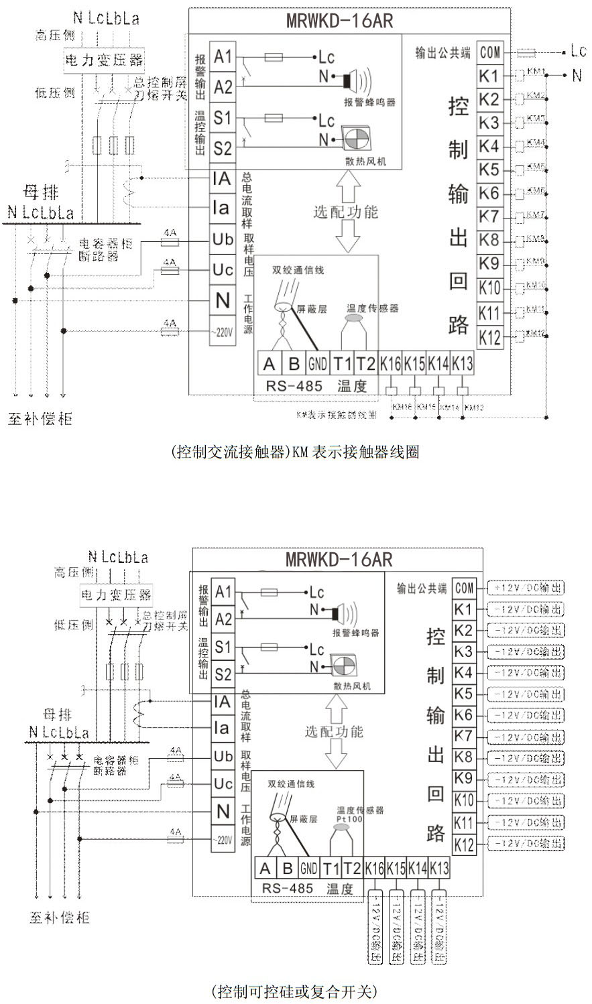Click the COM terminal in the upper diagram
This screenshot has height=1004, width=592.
click(490, 52)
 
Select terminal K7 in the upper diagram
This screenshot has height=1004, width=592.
click(489, 216)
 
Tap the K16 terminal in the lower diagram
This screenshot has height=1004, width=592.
click(374, 869)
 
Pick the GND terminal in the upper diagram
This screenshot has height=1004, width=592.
click(317, 364)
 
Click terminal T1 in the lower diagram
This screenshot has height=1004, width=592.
click(331, 869)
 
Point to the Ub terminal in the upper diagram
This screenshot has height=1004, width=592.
click(223, 239)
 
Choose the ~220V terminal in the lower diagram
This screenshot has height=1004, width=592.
click(223, 839)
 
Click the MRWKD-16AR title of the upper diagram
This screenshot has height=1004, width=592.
click(339, 21)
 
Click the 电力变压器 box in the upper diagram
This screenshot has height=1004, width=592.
click(104, 60)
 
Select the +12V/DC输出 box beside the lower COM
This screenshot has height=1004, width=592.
click(526, 588)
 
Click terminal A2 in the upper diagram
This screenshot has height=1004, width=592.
click(223, 87)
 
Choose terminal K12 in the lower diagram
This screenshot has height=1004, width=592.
click(464, 844)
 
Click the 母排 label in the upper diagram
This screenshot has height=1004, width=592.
click(42, 194)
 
